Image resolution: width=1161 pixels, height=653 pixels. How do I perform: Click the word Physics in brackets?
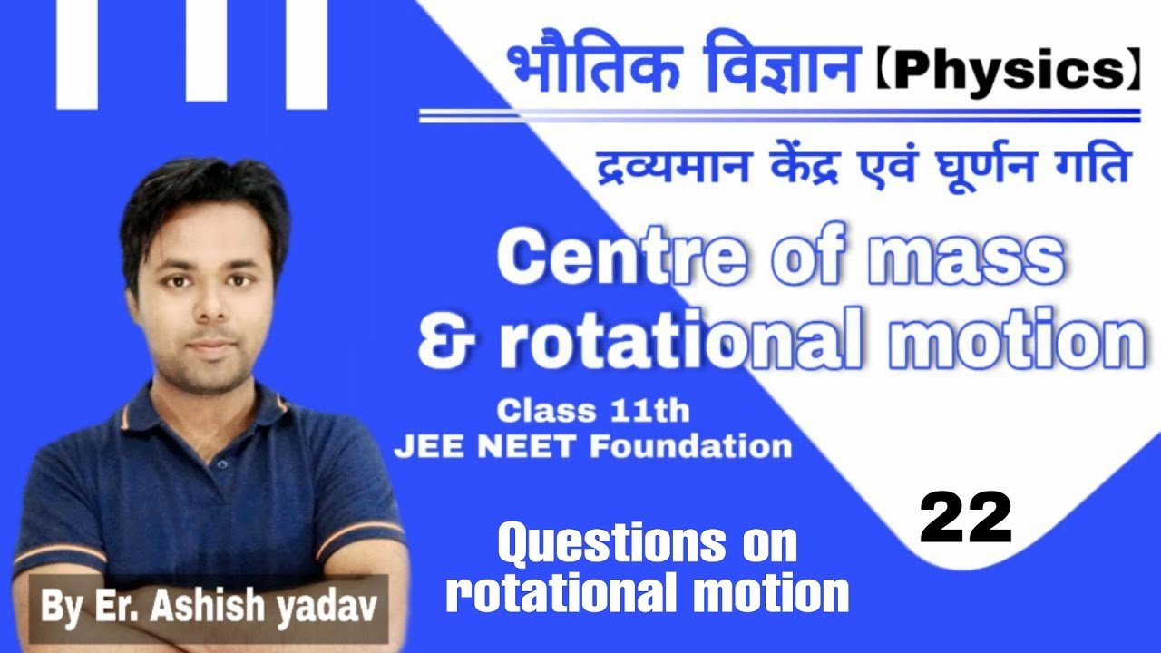click(1007, 73)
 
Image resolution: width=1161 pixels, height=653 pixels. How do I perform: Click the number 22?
click(966, 517)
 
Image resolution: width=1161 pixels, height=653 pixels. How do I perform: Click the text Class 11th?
click(593, 412)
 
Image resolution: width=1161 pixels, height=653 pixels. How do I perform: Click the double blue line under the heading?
click(780, 116)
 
